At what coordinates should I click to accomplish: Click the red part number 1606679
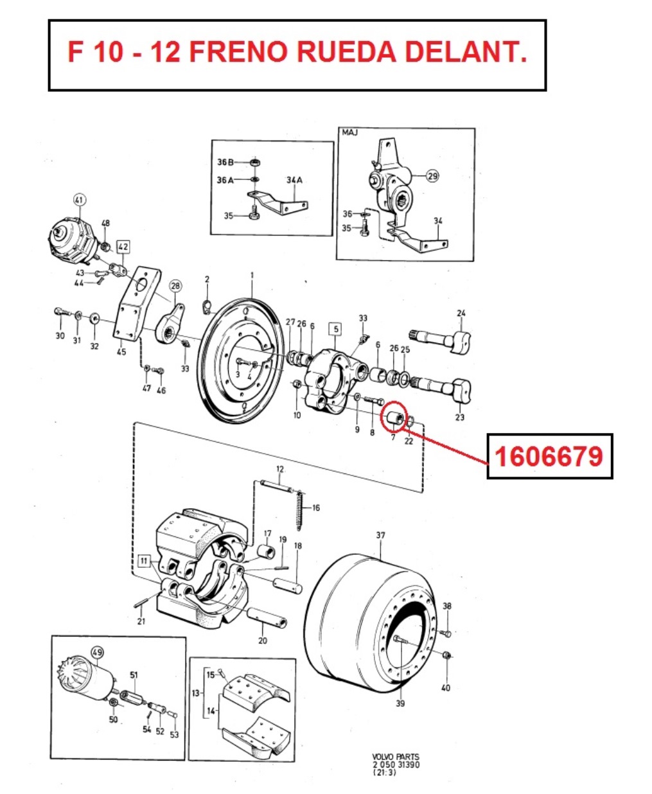[x=549, y=456]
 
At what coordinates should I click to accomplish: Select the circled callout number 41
[x=79, y=200]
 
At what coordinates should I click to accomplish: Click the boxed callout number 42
[x=123, y=247]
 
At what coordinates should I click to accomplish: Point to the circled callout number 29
[x=433, y=176]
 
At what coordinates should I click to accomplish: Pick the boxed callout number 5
[x=336, y=329]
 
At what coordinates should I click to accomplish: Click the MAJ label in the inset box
[x=349, y=132]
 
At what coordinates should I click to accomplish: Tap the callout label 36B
[x=225, y=162]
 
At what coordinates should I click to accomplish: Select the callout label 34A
[x=294, y=180]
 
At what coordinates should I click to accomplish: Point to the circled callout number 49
[x=97, y=652]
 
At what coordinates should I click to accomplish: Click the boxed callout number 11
[x=144, y=561]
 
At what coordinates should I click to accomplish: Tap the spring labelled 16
[x=299, y=511]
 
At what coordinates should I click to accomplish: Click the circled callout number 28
[x=175, y=286]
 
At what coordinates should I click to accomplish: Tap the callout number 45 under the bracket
[x=121, y=352]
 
